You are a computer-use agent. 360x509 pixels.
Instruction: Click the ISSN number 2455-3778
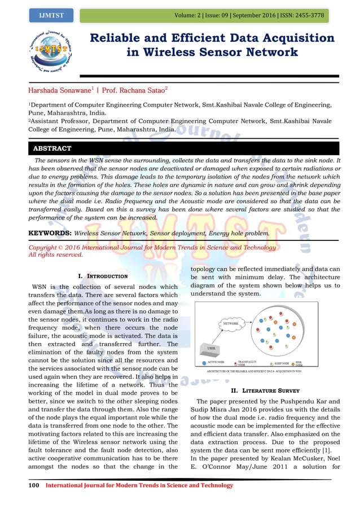click(308, 15)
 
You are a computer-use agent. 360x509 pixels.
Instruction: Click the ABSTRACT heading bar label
click(51, 148)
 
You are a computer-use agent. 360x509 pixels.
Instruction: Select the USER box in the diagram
click(210, 348)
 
